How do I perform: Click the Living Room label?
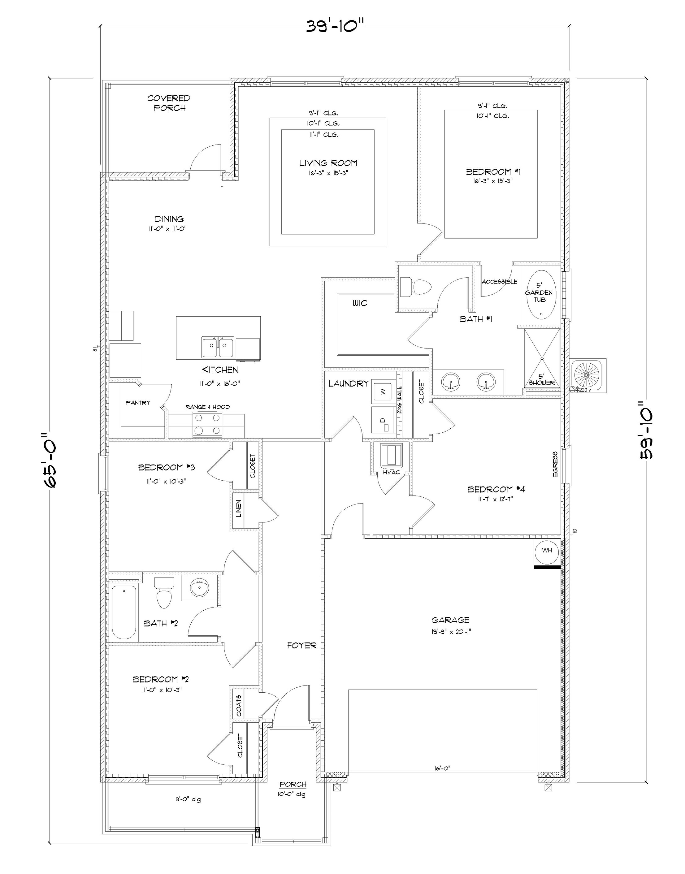328,163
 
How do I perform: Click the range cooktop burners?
207,424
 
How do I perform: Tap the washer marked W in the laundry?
383,391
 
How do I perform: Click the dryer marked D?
383,420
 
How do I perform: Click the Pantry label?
138,403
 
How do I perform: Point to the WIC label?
360,304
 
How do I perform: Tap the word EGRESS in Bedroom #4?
555,464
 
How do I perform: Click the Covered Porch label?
169,103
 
